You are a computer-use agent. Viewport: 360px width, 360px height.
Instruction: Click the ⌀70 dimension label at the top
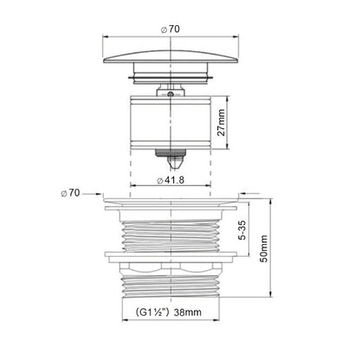click(170, 29)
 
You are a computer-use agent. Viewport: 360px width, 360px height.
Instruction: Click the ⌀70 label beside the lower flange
click(70, 193)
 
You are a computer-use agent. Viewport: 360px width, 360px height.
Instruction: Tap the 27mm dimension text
click(222, 122)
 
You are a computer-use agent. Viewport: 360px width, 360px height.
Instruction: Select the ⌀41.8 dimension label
click(170, 180)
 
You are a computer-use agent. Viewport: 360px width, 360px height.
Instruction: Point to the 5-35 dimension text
click(243, 230)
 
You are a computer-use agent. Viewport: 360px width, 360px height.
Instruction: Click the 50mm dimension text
click(264, 248)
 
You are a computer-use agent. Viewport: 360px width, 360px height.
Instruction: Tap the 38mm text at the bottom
click(188, 312)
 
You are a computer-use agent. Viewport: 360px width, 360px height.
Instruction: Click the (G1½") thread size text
click(152, 312)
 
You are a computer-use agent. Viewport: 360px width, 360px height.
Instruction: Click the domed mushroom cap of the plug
click(170, 56)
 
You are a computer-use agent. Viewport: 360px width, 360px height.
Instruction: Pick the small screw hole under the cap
click(170, 93)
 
